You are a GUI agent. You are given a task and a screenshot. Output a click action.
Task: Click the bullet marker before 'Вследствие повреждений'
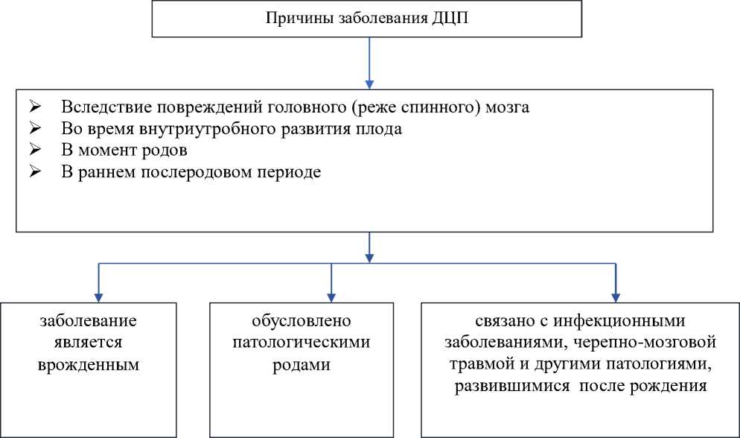coord(34,107)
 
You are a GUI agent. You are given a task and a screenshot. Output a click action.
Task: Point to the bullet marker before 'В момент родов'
coord(34,150)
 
